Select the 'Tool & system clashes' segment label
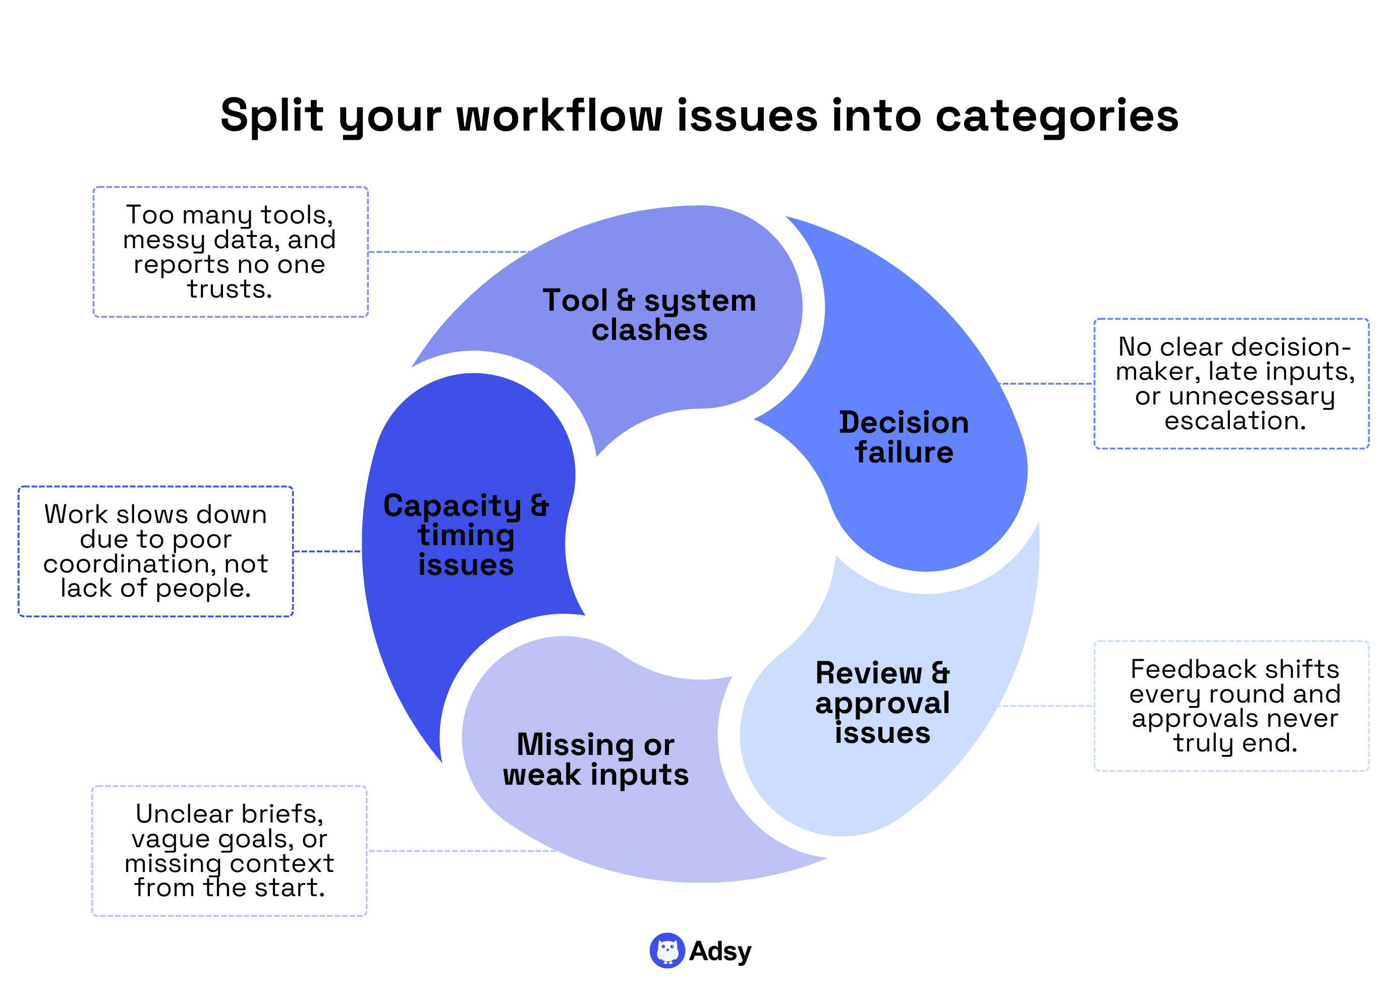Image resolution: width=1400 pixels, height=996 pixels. coord(649,315)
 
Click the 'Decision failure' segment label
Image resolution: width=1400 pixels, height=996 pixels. coord(904,437)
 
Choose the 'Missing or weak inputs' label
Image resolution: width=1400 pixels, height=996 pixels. coord(595,759)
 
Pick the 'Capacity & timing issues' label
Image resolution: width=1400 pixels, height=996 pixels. coord(466,534)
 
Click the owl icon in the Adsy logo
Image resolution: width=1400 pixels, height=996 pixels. coord(667,950)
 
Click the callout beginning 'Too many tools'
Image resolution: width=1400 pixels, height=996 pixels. coord(230,252)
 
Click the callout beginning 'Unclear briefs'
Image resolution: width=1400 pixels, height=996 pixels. coord(230,850)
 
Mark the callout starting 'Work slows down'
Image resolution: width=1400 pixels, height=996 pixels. coord(156,551)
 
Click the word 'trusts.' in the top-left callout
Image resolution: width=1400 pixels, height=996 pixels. coord(230,289)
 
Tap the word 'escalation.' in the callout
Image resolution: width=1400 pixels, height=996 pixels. coord(1235,421)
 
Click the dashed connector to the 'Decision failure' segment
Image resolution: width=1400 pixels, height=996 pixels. coord(1046,384)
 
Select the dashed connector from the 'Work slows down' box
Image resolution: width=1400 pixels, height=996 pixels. coord(327,551)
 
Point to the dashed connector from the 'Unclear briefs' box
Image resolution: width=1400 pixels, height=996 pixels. coord(460,851)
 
